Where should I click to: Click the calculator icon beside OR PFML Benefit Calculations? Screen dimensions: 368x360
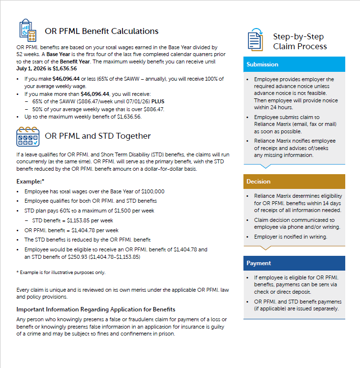click(x=28, y=31)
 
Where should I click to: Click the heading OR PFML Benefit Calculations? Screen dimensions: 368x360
click(x=101, y=31)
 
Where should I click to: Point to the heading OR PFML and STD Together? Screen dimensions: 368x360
click(x=98, y=136)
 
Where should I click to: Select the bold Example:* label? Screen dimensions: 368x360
click(x=30, y=182)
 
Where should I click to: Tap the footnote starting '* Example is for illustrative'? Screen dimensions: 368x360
click(x=60, y=272)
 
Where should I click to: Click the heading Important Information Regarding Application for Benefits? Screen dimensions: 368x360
click(x=96, y=309)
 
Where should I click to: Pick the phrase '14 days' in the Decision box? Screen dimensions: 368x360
click(x=332, y=203)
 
